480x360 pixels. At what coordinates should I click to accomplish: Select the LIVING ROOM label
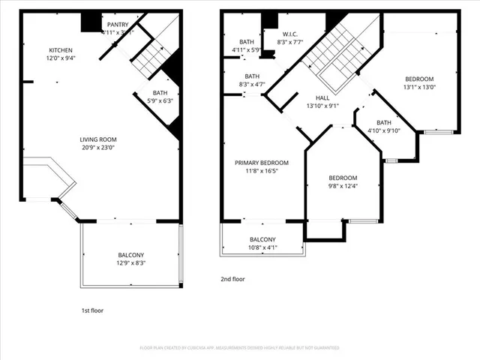(98, 139)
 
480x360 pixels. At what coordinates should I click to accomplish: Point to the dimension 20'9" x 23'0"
(98, 147)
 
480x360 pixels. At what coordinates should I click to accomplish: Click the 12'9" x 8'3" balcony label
(130, 263)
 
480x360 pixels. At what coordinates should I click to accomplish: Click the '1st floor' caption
(93, 310)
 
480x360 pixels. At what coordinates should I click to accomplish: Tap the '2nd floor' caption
(232, 279)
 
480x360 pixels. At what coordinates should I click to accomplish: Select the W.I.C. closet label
(291, 34)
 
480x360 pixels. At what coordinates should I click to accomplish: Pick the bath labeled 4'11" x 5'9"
(247, 46)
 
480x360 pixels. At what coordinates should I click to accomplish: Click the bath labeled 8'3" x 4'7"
(251, 80)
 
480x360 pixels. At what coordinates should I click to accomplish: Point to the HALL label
(322, 102)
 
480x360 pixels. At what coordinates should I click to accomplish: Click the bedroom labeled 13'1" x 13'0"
(419, 82)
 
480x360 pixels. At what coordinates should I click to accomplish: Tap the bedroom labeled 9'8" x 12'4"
(343, 181)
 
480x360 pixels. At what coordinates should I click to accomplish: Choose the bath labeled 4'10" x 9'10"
(384, 127)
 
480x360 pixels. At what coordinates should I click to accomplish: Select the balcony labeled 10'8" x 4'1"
(262, 243)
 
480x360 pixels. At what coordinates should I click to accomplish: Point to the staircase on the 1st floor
(154, 55)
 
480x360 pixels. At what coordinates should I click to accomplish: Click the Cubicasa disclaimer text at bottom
(240, 348)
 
